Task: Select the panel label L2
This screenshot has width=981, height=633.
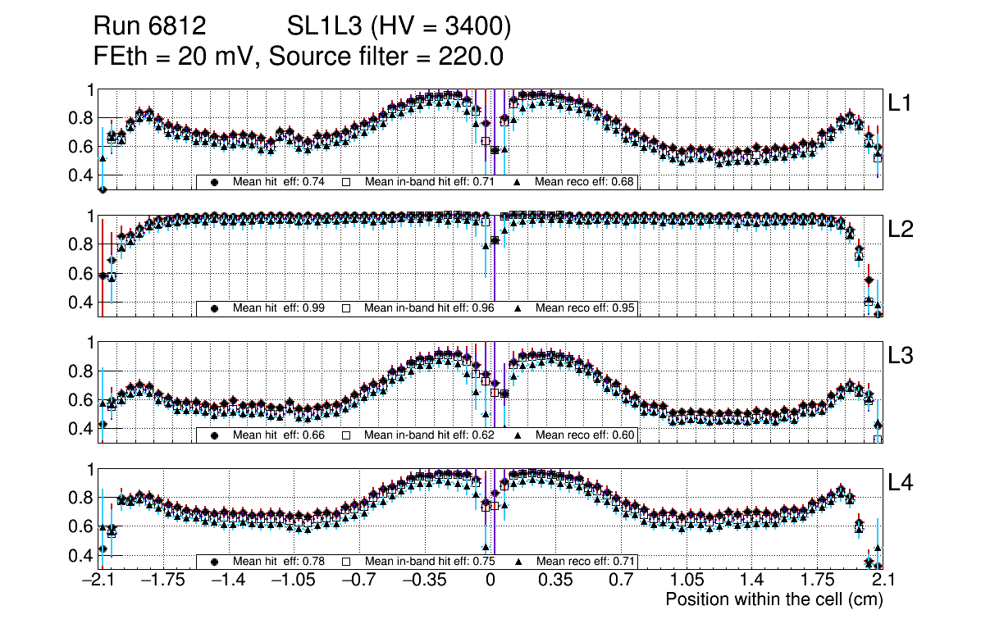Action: [x=899, y=229]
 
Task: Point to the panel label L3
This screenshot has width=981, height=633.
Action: [x=899, y=356]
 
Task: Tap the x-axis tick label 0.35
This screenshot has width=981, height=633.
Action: [x=555, y=581]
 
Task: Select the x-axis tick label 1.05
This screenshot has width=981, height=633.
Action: [x=686, y=581]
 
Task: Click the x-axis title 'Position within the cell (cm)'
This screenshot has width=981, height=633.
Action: [x=773, y=599]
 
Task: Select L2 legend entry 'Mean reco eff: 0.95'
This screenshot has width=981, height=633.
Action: [x=585, y=308]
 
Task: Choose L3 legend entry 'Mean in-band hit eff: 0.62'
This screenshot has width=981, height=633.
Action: [x=429, y=435]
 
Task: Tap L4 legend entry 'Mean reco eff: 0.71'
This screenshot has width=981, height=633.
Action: [x=585, y=562]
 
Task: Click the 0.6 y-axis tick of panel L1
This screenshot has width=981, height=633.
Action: [x=83, y=147]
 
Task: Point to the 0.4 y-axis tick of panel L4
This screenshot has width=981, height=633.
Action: [x=83, y=555]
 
